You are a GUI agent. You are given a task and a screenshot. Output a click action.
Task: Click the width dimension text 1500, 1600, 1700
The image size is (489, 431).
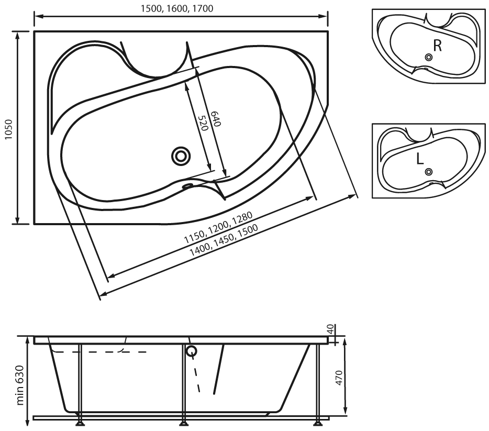177,8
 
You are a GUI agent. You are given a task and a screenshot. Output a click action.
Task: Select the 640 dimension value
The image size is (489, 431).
216,119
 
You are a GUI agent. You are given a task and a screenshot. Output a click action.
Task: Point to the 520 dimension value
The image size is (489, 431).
203,123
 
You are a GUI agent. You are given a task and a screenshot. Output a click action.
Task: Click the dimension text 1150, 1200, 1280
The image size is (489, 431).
218,228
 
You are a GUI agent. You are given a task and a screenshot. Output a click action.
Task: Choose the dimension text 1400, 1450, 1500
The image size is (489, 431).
224,240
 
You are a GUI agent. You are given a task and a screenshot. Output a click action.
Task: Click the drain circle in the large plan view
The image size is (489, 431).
181,156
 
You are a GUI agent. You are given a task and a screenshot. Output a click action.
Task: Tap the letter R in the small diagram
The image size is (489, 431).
438,46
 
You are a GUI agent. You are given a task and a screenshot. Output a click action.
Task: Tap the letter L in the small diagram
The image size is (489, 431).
419,159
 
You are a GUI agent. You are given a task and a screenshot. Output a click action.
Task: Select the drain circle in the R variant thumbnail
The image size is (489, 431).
429,57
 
